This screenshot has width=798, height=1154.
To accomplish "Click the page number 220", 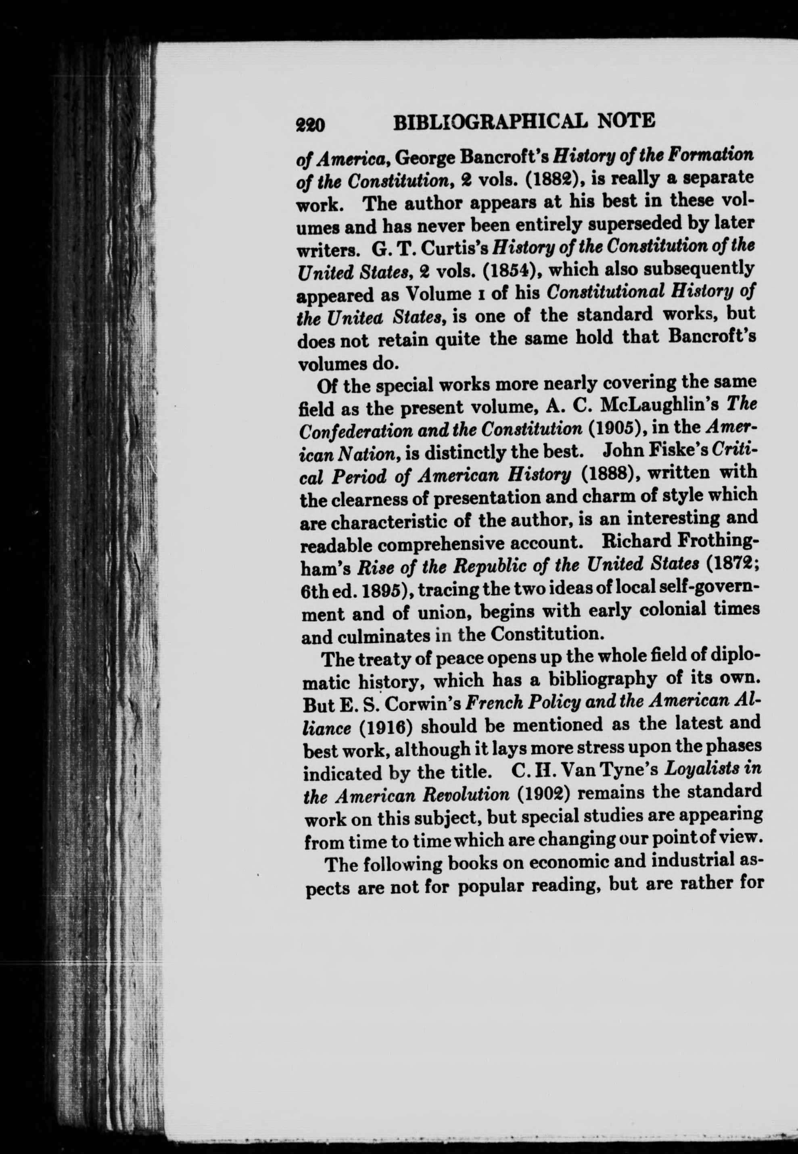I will pyautogui.click(x=311, y=124).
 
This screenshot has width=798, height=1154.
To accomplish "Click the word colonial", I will pyautogui.click(x=687, y=610).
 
